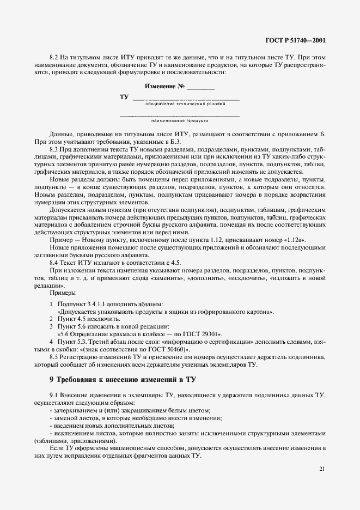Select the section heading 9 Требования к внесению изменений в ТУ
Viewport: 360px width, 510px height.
(x=123, y=379)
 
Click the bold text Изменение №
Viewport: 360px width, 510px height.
(x=166, y=87)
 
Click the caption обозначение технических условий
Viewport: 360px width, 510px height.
(x=186, y=104)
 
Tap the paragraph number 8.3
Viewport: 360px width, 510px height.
(x=54, y=149)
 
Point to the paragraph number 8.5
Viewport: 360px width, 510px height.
(x=54, y=356)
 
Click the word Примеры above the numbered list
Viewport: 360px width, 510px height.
(x=62, y=293)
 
